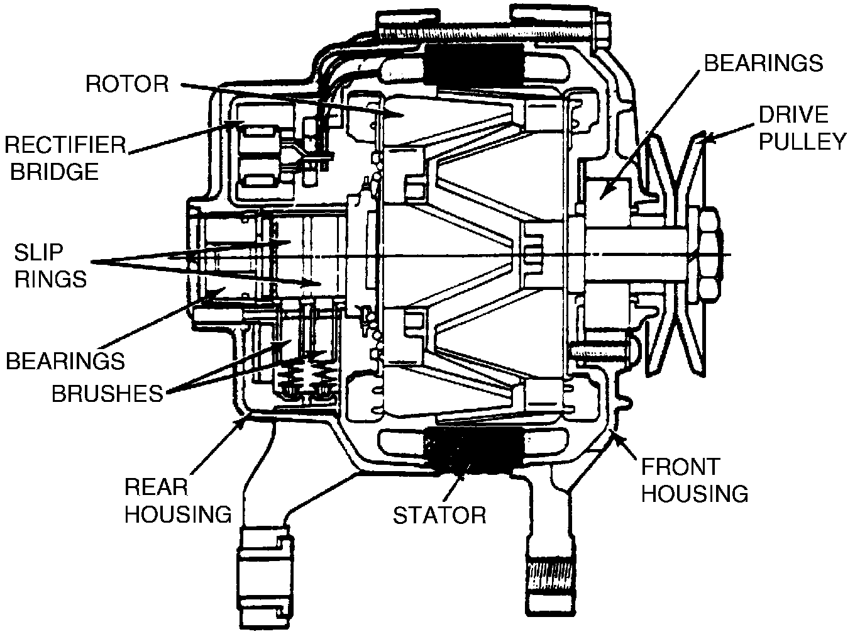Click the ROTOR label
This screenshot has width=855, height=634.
tap(128, 84)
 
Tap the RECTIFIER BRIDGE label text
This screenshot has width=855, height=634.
tap(65, 158)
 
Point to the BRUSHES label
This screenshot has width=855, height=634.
tap(107, 393)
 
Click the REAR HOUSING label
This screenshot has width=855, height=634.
tap(178, 500)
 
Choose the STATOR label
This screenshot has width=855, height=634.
tap(439, 515)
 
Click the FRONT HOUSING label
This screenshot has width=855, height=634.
tap(695, 480)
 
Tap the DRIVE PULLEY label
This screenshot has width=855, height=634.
tap(803, 128)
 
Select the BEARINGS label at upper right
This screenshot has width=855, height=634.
tap(763, 63)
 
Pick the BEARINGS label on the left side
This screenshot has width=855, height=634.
tap(65, 361)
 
